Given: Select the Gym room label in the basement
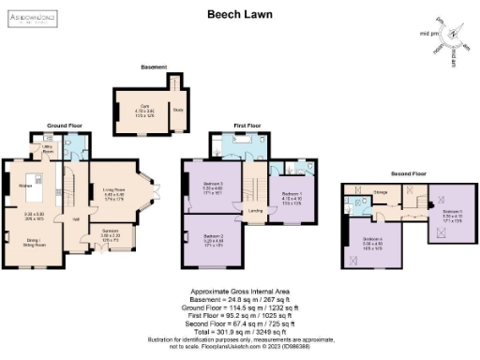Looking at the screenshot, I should point(144,107).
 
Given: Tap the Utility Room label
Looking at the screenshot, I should point(48,150).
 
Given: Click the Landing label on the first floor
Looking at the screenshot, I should point(254,211).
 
